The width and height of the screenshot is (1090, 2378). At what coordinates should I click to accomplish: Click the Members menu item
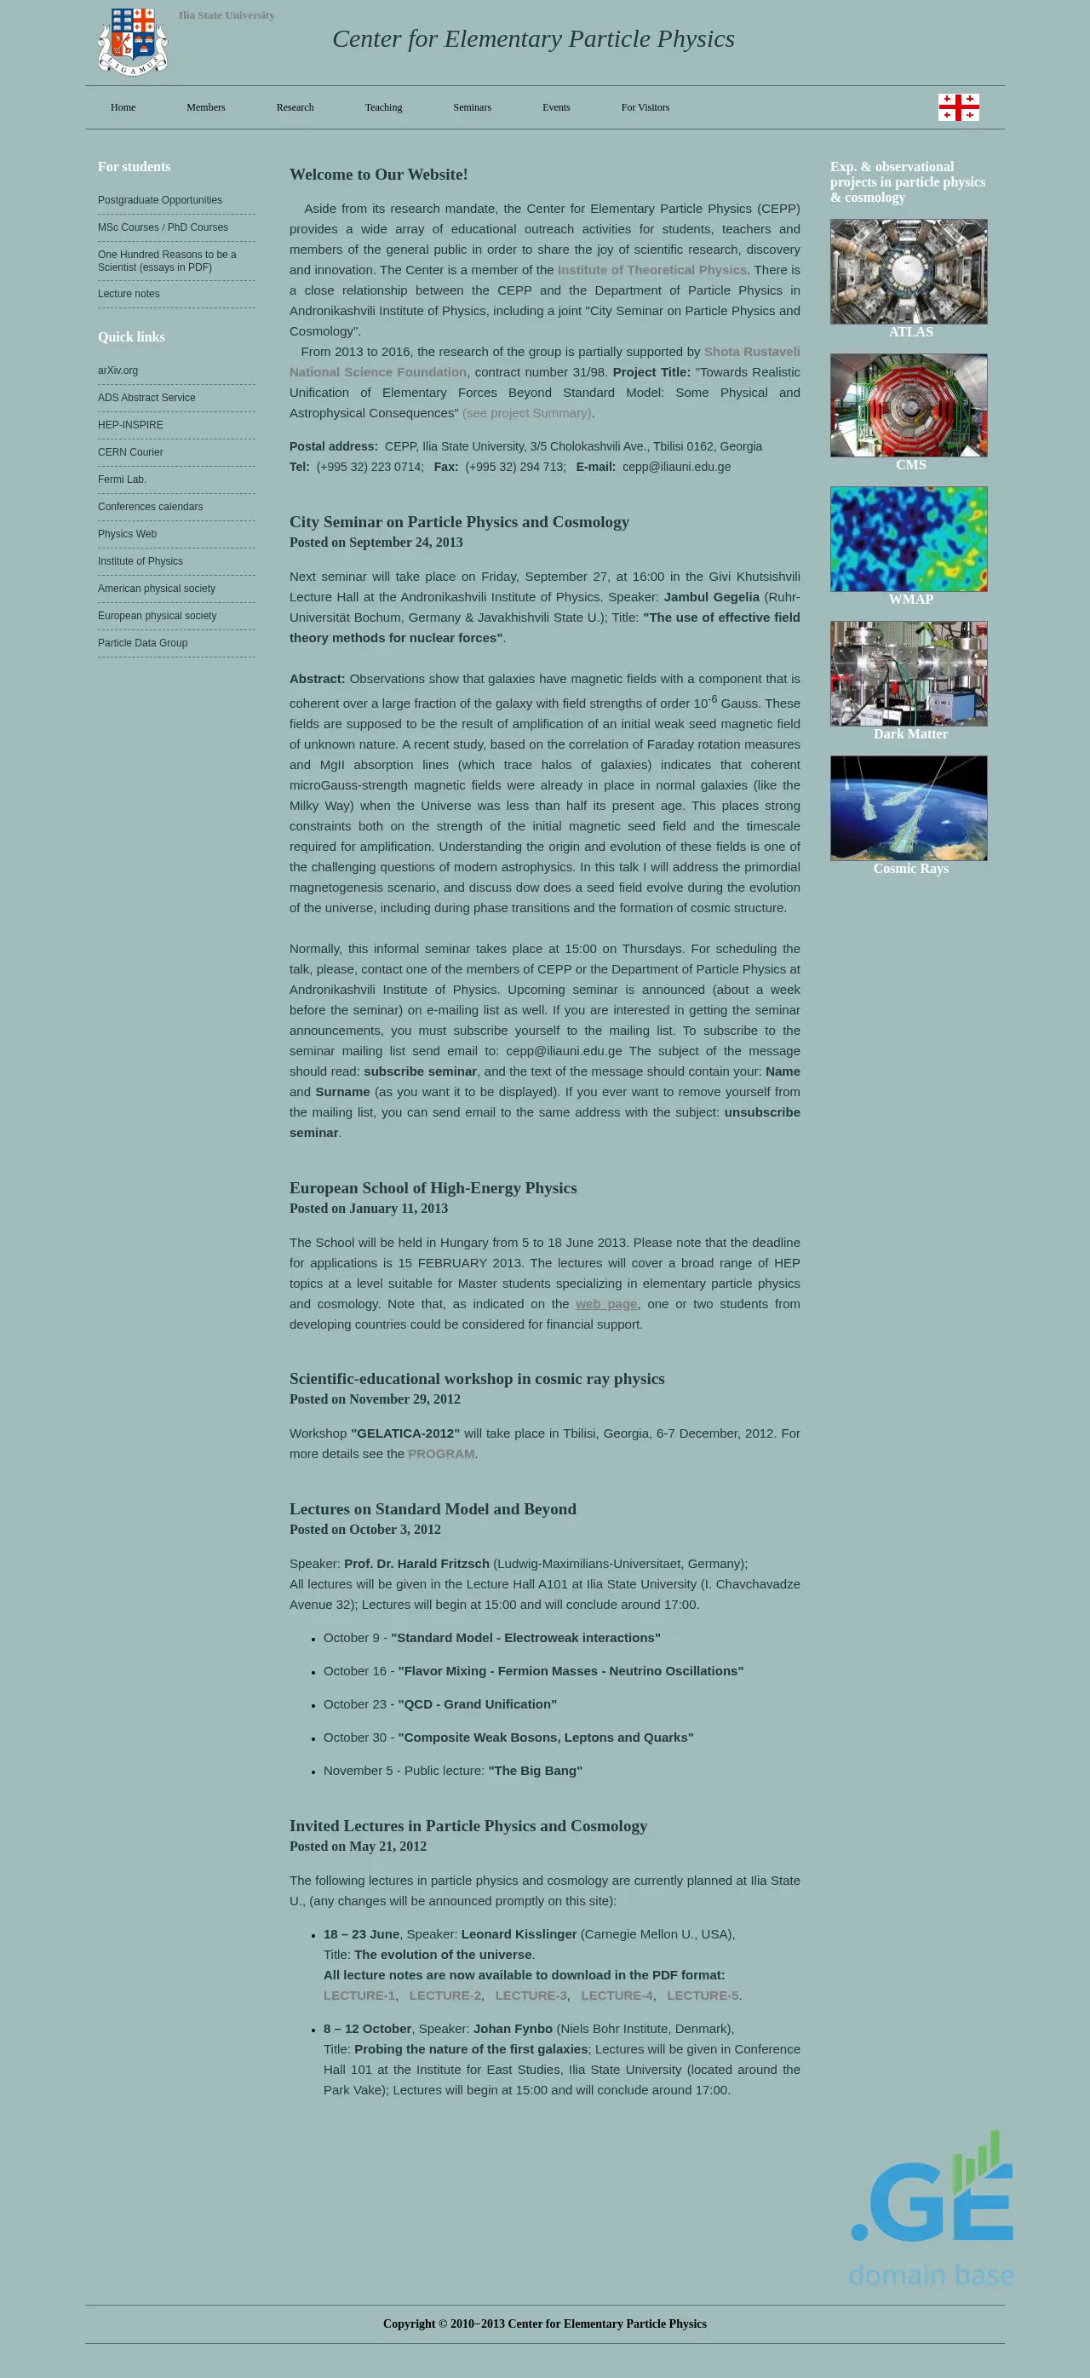tap(206, 107)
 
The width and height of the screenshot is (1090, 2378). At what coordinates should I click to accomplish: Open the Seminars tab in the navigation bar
tap(472, 107)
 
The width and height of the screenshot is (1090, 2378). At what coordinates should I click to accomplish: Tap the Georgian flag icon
tap(958, 107)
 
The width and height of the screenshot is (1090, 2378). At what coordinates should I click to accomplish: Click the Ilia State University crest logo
tap(133, 42)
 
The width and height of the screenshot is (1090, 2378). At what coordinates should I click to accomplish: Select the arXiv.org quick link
tap(118, 370)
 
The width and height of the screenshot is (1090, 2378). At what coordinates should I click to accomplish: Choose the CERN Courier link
tap(130, 452)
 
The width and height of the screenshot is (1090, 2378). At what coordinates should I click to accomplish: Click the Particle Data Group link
tap(142, 643)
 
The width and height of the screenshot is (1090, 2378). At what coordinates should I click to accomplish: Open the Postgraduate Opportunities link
tap(160, 200)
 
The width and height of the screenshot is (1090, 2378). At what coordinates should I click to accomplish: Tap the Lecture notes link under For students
tap(129, 294)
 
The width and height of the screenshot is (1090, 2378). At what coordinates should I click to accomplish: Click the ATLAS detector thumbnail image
tap(908, 272)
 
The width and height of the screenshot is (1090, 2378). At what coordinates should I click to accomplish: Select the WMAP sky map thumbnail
tap(908, 539)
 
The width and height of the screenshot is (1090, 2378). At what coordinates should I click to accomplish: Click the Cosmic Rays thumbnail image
tap(908, 807)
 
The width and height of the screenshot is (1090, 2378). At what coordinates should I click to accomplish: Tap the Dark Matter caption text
tap(910, 734)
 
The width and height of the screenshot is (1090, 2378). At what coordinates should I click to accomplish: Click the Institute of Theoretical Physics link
tap(651, 269)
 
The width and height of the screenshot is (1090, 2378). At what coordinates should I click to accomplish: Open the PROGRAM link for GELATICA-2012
tap(440, 1454)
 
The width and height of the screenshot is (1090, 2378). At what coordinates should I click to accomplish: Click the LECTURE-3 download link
tap(531, 1996)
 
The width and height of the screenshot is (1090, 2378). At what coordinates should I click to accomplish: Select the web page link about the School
tap(605, 1303)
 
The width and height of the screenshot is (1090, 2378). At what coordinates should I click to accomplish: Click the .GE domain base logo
tap(932, 2209)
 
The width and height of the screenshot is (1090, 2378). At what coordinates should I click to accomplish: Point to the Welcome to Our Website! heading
tap(378, 175)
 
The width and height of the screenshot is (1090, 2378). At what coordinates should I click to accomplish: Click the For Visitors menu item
tap(645, 107)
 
